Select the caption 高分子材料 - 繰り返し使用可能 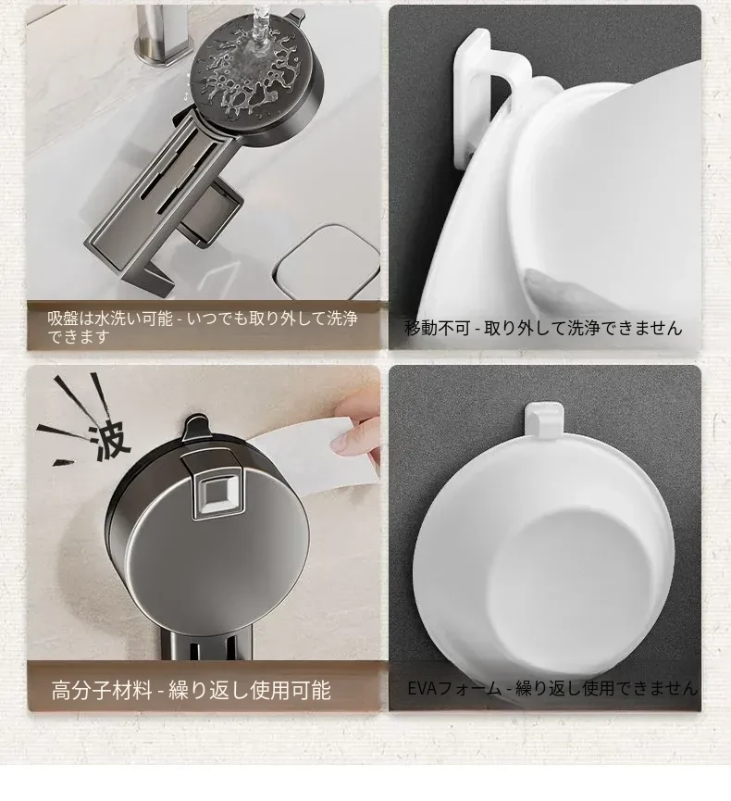pyautogui.click(x=191, y=690)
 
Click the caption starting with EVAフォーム pyautogui.click(x=552, y=688)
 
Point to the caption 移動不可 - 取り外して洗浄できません pyautogui.click(x=543, y=328)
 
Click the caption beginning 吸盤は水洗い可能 pyautogui.click(x=202, y=327)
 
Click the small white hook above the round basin pyautogui.click(x=544, y=419)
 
